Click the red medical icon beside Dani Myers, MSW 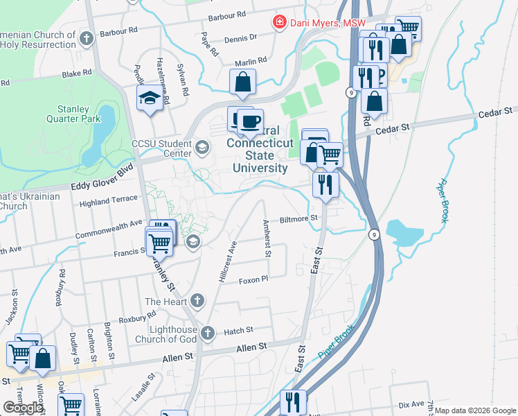280,23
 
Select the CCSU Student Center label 161,148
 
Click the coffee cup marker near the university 250,122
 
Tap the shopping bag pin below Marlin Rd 242,83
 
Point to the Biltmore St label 298,218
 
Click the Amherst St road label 267,239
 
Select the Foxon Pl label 253,279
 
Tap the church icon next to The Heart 197,301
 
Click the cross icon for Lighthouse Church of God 207,334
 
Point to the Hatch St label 238,331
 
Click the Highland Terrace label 108,200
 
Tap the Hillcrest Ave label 227,261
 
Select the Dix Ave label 411,404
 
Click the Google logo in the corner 23,408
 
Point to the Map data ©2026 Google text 475,410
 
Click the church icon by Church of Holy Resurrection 87,39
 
